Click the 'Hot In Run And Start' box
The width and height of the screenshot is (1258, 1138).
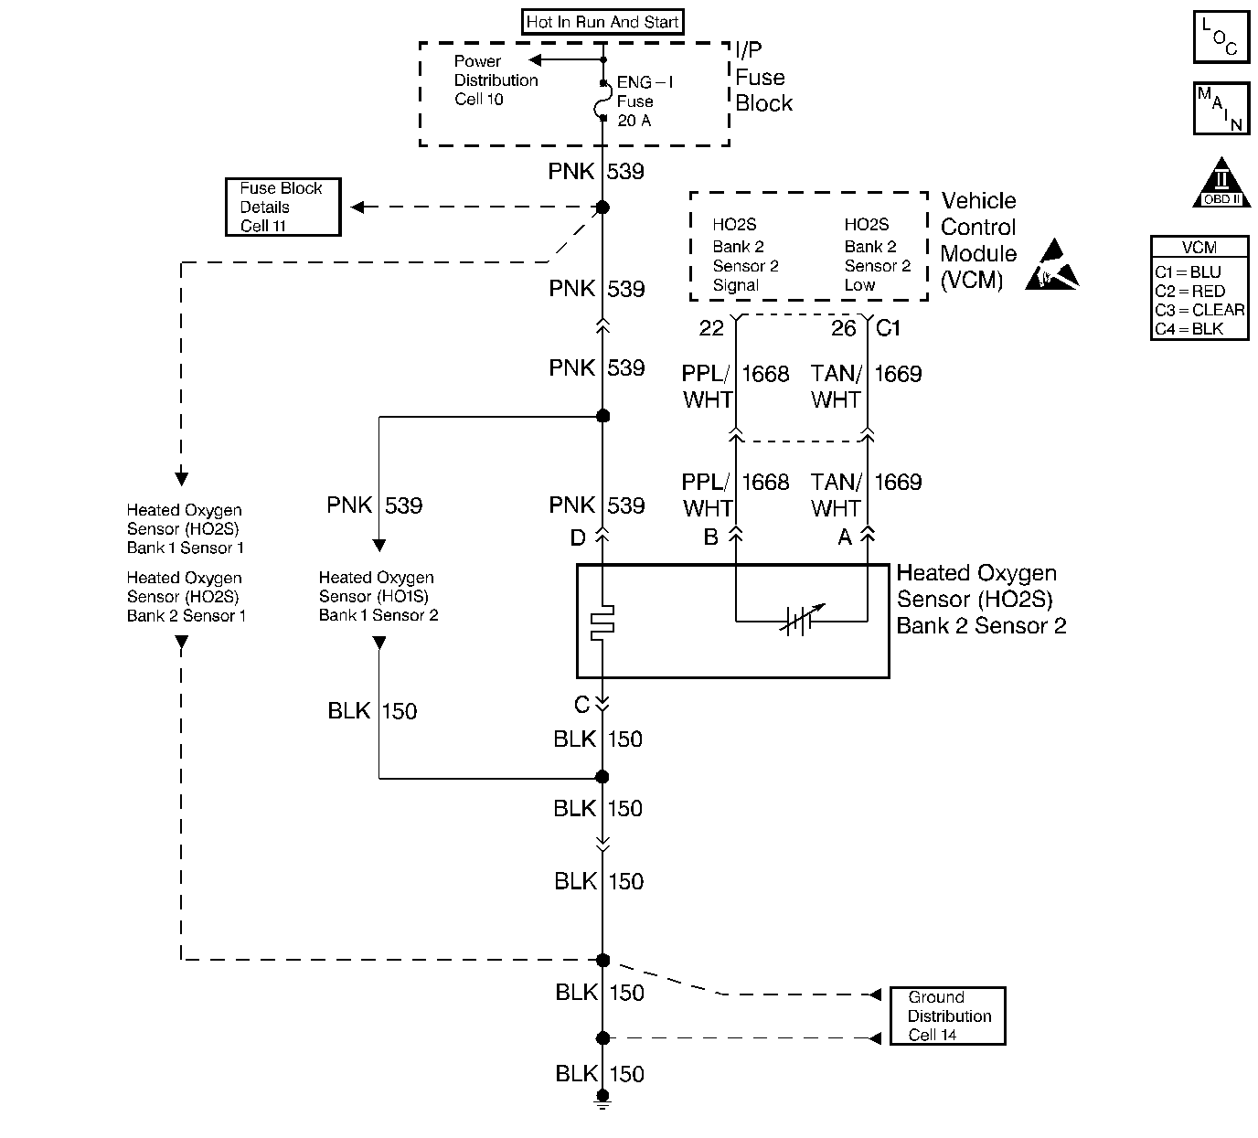[602, 22]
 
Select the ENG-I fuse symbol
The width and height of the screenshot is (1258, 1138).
[602, 101]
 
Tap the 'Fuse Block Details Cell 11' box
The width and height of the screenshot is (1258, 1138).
[283, 207]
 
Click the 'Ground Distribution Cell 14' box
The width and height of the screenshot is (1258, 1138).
[947, 1016]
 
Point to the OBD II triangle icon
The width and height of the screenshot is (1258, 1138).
[1221, 183]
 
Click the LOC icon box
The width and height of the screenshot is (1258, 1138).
[1221, 37]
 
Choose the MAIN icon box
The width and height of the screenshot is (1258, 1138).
[1221, 108]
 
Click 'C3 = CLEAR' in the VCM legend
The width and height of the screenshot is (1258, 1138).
[1199, 310]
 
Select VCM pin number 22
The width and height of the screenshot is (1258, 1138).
[711, 328]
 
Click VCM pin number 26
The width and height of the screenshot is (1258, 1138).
[844, 328]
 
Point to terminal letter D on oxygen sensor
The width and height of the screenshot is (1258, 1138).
[578, 537]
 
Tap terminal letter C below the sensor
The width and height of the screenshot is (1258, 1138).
[582, 705]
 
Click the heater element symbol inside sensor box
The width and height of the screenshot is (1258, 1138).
[602, 622]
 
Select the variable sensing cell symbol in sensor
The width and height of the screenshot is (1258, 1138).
[802, 620]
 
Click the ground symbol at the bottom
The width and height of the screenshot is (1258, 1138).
[602, 1099]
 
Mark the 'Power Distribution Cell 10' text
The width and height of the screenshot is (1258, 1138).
[496, 80]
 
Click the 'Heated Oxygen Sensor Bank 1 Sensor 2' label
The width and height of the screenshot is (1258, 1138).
[378, 596]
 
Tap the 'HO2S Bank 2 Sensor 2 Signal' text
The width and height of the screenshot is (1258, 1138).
[745, 254]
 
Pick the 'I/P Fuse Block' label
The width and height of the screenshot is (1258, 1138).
[763, 77]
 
